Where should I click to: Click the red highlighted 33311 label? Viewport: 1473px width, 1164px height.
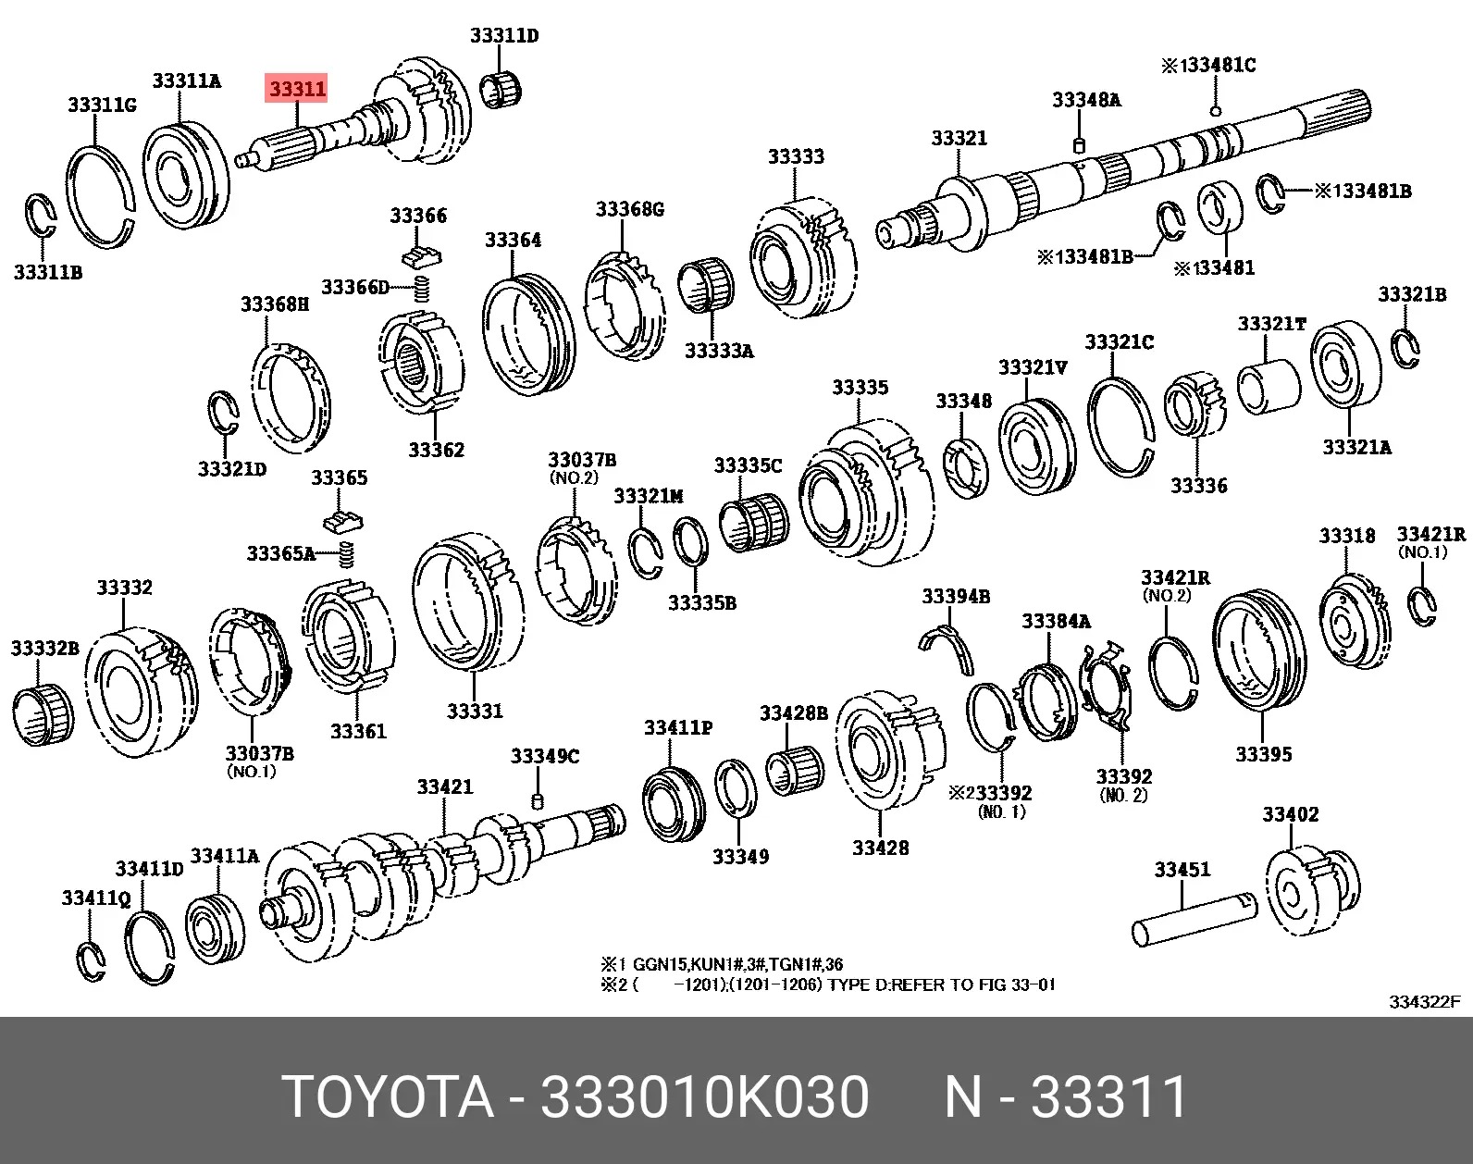click(x=296, y=88)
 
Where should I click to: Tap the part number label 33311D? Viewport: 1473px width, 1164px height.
click(x=504, y=35)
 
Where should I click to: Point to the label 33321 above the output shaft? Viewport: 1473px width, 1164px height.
click(x=959, y=138)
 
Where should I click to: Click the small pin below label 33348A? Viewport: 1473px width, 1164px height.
click(x=1078, y=145)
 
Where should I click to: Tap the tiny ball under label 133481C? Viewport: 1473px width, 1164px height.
click(x=1215, y=111)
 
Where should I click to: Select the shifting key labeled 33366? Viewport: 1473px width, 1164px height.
click(x=421, y=256)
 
